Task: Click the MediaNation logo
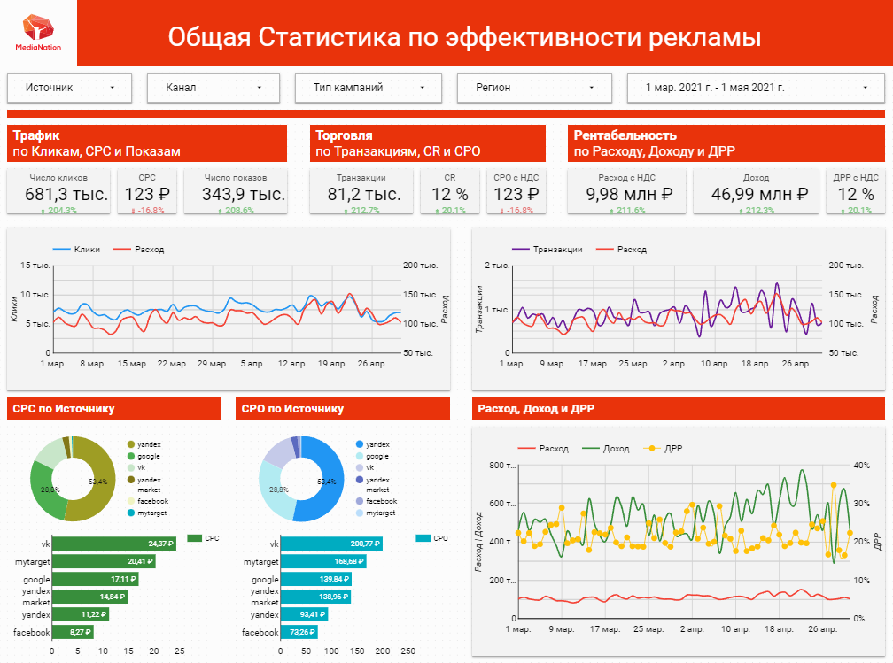tap(38, 32)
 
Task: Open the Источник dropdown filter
tap(69, 88)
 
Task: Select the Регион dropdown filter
tap(530, 88)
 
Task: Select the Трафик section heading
tap(36, 135)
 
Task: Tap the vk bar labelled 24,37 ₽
tap(113, 544)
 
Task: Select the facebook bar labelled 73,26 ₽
tap(303, 632)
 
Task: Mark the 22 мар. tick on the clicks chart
tap(172, 363)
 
